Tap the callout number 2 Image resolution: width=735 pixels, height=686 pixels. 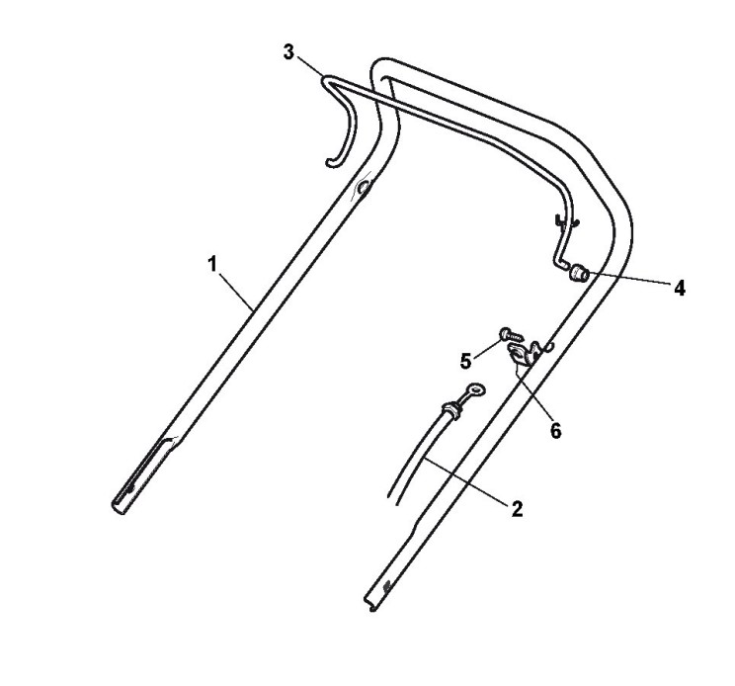[x=517, y=509]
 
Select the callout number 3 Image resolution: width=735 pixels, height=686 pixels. [x=288, y=51]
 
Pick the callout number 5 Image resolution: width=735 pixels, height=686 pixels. [x=465, y=360]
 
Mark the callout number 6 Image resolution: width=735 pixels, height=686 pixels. [x=555, y=431]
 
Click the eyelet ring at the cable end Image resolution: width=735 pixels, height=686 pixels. [x=477, y=391]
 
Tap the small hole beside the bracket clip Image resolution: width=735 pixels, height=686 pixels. [x=551, y=346]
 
